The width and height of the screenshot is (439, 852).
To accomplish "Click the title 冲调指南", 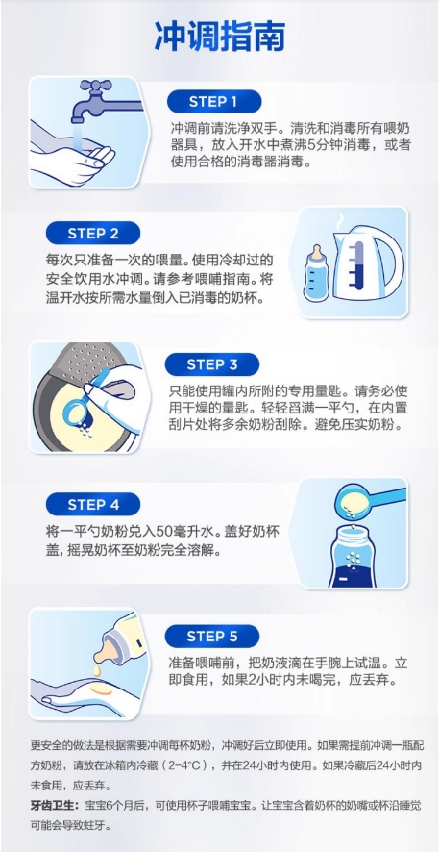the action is (219, 37).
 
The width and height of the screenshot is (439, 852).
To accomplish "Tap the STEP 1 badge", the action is (214, 102).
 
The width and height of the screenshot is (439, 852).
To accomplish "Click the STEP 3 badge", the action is (212, 364).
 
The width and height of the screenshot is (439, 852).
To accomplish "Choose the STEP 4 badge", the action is (93, 504).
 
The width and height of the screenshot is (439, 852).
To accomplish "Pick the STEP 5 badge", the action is (212, 637).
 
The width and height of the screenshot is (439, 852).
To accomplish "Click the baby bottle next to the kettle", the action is (316, 273).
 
